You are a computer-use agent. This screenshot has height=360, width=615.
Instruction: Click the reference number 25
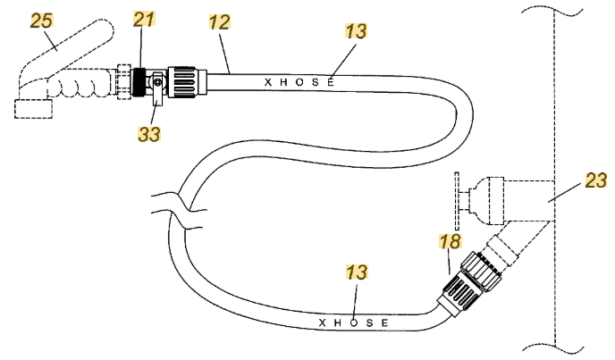[42, 21]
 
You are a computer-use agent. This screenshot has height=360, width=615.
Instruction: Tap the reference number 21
[144, 19]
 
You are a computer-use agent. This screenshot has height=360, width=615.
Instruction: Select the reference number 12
[219, 22]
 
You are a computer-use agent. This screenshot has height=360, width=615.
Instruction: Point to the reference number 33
[149, 134]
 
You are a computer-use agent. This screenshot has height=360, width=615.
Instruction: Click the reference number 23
[595, 180]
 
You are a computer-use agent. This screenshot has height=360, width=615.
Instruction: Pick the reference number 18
[450, 241]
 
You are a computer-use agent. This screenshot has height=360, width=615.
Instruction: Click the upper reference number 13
[356, 31]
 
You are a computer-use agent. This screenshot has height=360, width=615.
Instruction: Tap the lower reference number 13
[357, 272]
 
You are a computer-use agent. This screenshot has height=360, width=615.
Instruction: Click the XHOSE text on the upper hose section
[299, 82]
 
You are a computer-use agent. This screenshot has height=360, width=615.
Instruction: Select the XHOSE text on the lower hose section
[354, 322]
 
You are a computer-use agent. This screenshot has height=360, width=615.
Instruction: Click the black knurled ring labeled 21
[138, 82]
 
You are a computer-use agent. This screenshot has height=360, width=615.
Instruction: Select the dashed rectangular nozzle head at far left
[33, 109]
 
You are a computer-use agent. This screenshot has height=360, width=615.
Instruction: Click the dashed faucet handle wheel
[457, 201]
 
